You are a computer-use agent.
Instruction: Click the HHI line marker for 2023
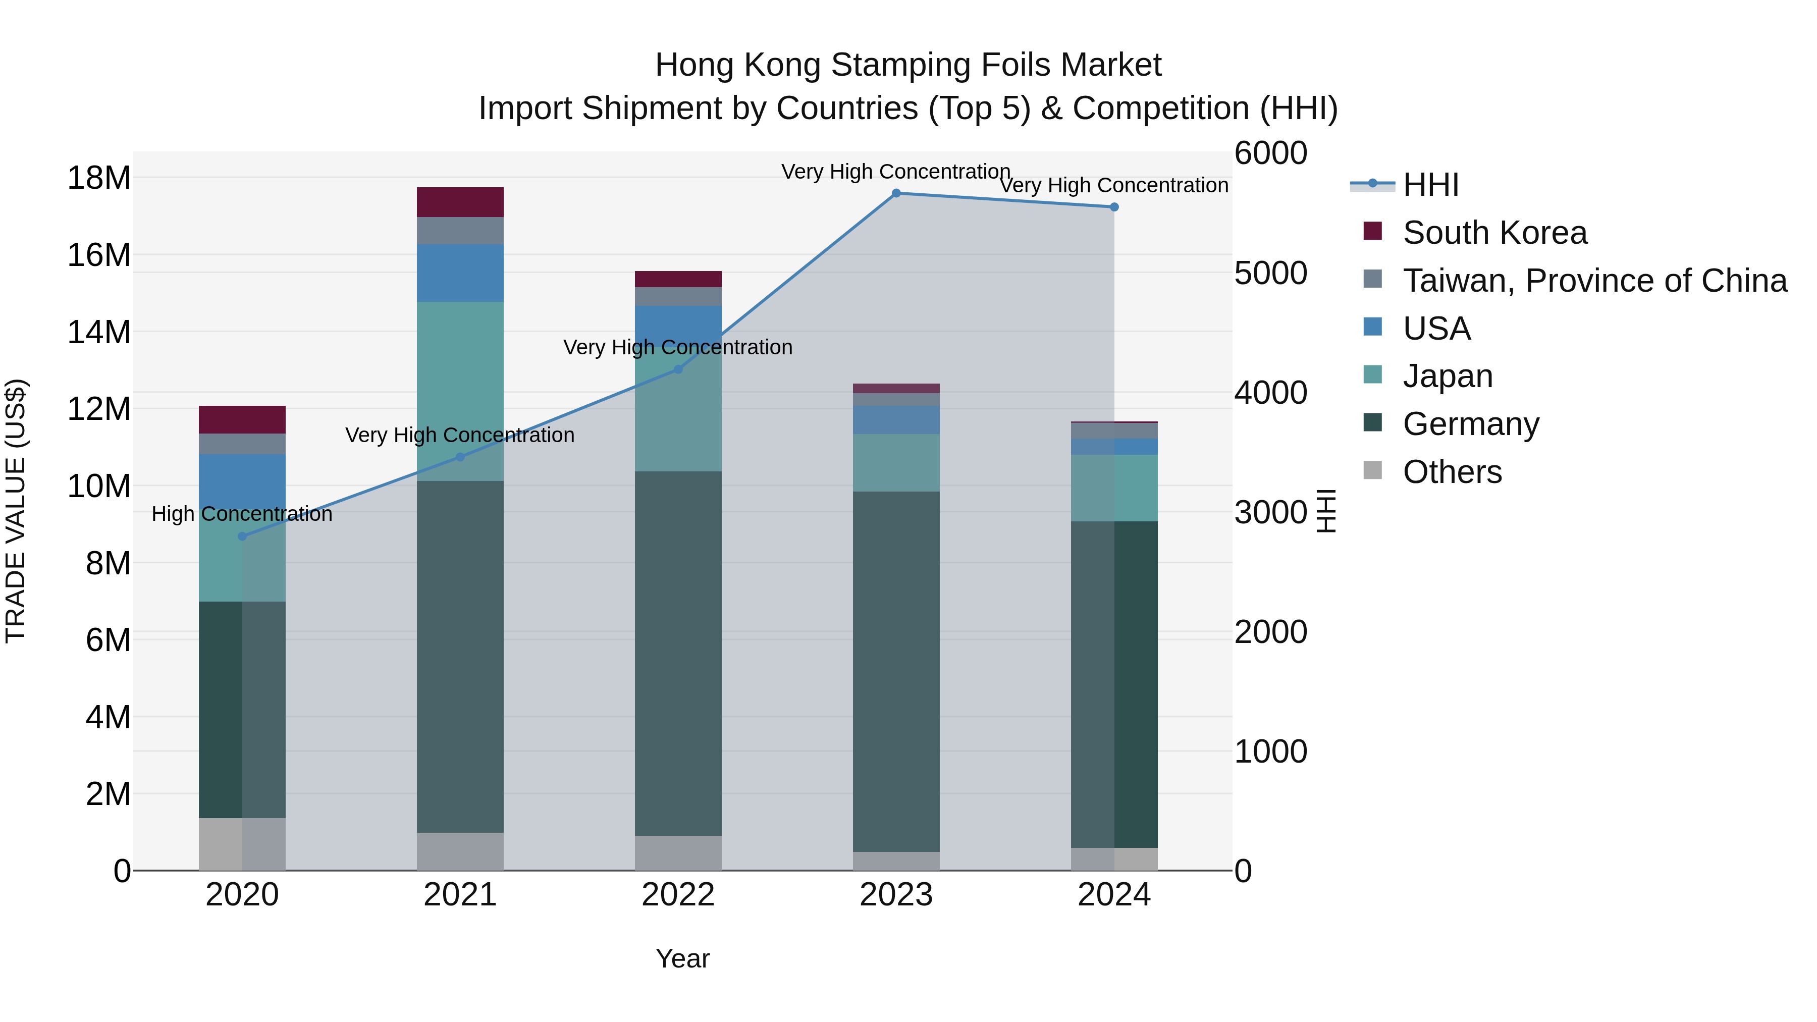[896, 193]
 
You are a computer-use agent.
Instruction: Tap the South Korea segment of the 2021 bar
[460, 202]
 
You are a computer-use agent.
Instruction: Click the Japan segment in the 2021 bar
[460, 392]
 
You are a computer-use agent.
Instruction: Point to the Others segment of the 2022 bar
[678, 853]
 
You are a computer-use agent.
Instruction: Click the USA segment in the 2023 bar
[896, 420]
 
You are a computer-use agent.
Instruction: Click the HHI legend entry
[1430, 185]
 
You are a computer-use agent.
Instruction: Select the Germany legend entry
[1471, 424]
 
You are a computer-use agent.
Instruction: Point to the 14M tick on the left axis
[99, 332]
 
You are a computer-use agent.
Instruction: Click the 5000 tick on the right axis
[1270, 274]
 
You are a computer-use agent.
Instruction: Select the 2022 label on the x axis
[678, 895]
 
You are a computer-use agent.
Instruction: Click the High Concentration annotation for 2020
[242, 514]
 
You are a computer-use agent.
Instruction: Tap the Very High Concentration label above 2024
[1114, 186]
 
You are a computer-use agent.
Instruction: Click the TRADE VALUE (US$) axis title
[16, 511]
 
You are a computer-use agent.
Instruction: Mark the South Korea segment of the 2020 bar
[242, 420]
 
